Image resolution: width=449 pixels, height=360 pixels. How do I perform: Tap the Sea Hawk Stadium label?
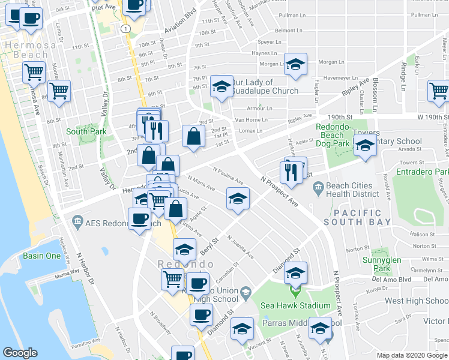(295, 305)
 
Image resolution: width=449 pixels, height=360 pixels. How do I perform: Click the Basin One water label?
(41, 256)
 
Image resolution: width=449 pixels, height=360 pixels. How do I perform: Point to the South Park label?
(86, 131)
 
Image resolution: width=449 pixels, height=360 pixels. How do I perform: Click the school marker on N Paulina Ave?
(238, 198)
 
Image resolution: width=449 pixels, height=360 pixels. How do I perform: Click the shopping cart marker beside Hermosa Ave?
(59, 91)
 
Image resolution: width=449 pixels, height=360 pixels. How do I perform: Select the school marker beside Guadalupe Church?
(221, 86)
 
